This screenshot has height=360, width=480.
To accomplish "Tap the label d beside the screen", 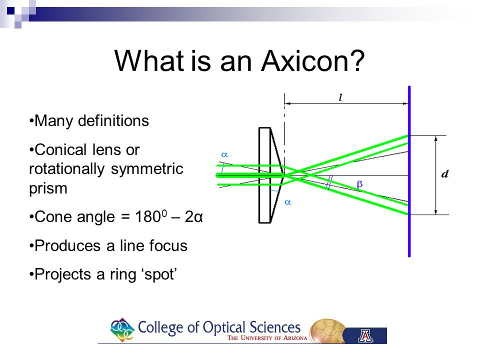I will click(444, 174).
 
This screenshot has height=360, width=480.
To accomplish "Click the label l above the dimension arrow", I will click(340, 98).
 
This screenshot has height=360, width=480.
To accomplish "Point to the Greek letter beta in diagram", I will click(359, 184).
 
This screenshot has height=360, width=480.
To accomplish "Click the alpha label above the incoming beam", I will click(224, 155).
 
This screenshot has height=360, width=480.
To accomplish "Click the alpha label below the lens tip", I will click(287, 201).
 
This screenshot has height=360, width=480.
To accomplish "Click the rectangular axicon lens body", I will click(264, 175).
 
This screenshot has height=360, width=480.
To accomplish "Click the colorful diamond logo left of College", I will click(122, 330).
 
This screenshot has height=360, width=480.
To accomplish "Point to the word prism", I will click(48, 189).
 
